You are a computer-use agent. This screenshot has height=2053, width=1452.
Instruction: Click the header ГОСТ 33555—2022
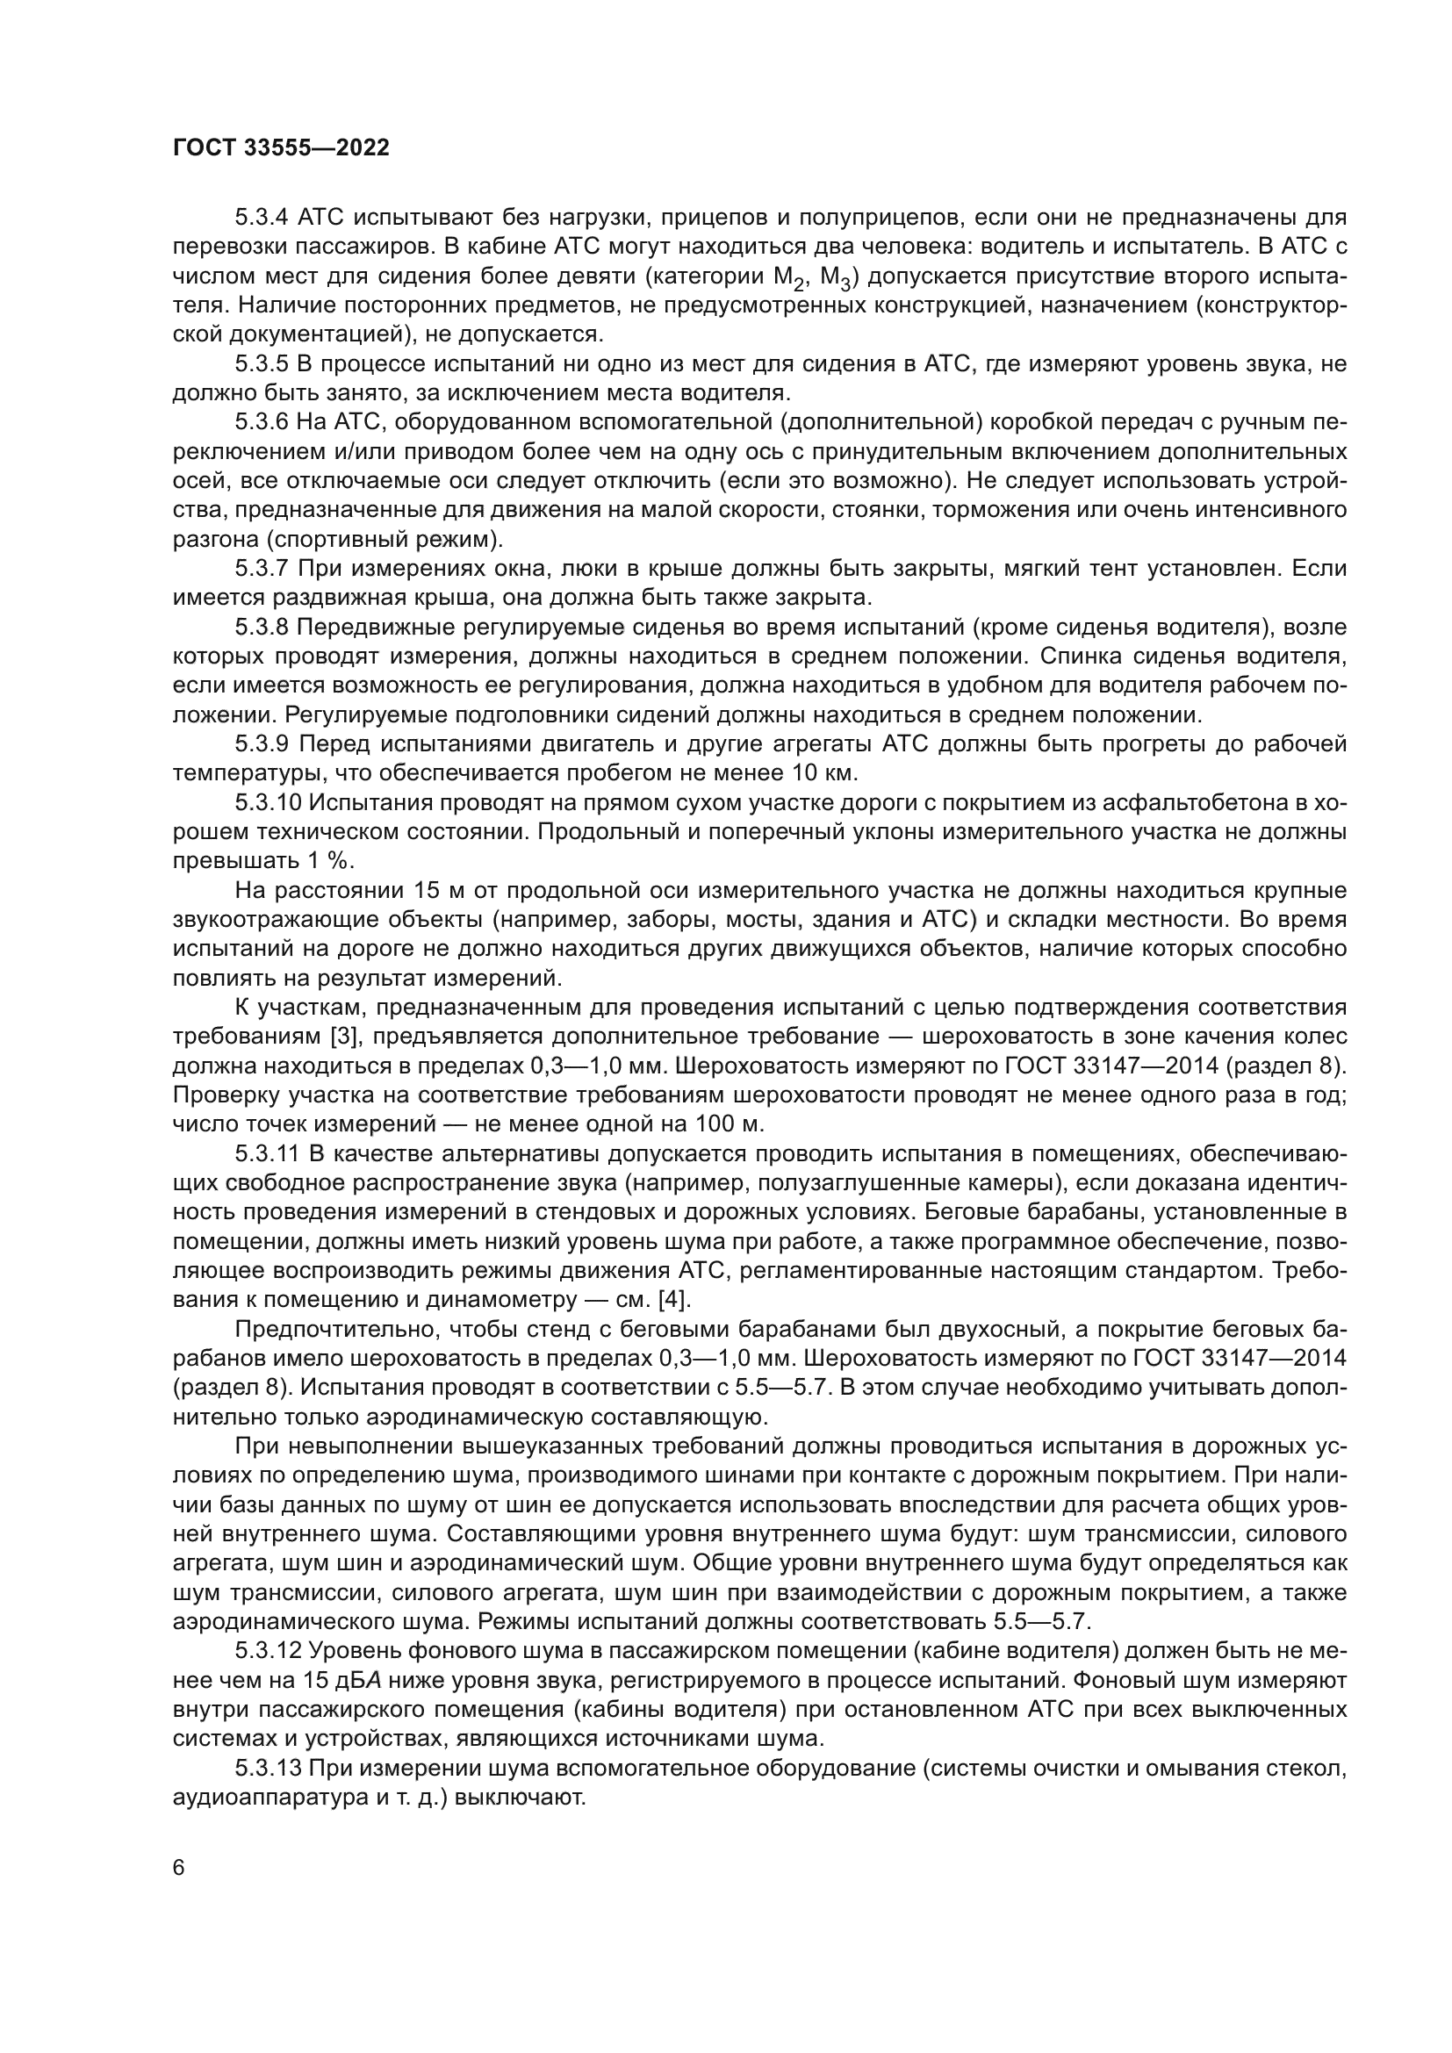pos(281,148)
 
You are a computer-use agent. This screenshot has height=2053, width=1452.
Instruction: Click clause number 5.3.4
pos(262,218)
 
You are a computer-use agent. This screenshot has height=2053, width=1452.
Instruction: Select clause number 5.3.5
pos(262,364)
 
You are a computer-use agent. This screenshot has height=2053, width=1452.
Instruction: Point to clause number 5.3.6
pos(262,422)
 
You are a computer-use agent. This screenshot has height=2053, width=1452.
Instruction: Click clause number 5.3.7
pos(262,569)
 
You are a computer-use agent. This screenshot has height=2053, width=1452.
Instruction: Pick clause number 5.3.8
pos(262,627)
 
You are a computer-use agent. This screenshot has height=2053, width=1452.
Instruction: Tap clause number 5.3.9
pos(262,744)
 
